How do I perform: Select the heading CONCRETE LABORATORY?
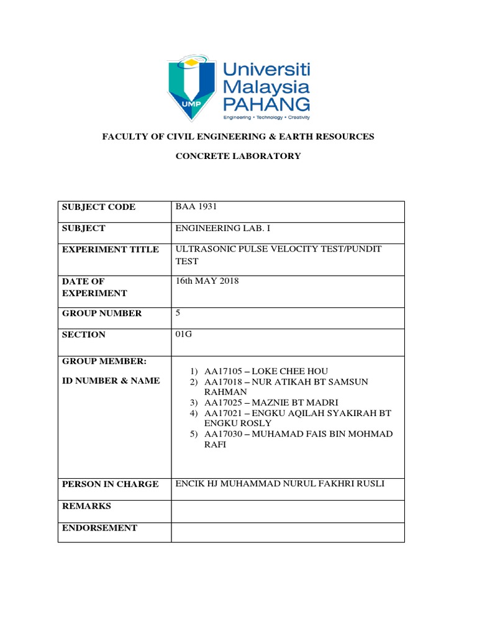[238, 157]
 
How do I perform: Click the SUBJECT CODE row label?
[98, 207]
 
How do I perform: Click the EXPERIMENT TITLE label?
[111, 250]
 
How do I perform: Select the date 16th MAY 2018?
[207, 281]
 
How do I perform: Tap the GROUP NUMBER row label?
[102, 314]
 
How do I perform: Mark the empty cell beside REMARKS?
[288, 511]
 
